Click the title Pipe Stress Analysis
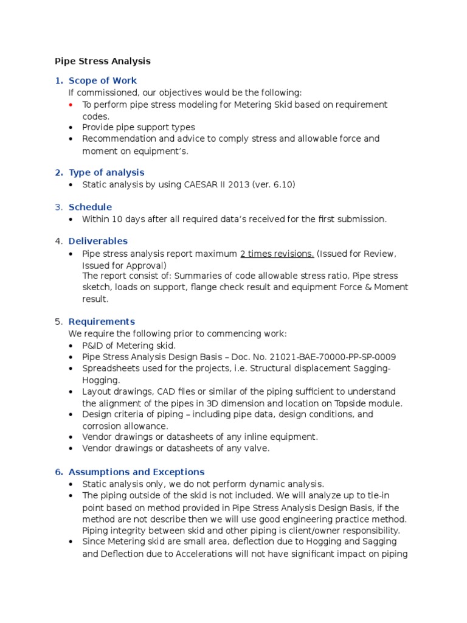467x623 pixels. coord(103,61)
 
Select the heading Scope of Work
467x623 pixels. coord(102,81)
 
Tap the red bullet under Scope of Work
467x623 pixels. coord(71,105)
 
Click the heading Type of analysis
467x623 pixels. coord(106,173)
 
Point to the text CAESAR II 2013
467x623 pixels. coord(215,185)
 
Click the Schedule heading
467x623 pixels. coord(90,207)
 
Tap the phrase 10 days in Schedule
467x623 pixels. coord(124,219)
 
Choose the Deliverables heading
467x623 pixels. coord(98,242)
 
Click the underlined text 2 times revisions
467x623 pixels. coord(277,254)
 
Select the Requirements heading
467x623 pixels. coord(102,322)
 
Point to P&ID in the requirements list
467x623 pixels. coord(94,346)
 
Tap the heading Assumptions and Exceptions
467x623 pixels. coord(136,472)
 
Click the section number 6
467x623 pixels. coord(58,472)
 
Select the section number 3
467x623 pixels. coord(58,207)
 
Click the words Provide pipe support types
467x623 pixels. coord(139,128)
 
